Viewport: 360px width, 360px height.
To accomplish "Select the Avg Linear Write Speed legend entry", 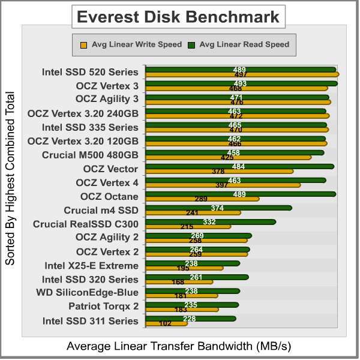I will coord(130,44).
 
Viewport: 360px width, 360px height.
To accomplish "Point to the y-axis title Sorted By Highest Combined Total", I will coord(10,178).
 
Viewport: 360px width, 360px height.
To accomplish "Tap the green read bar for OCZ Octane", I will coord(240,194).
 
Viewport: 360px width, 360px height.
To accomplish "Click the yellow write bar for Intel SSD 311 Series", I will coord(166,323).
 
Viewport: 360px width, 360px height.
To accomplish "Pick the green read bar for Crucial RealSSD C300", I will coord(210,221).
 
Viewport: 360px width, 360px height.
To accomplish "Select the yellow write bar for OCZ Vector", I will coord(219,171).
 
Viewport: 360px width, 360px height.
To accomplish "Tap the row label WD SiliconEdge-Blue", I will coord(88,293).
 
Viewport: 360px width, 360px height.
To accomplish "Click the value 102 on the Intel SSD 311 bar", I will coord(166,323).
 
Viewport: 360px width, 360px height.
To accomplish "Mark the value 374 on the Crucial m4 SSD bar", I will coord(217,208).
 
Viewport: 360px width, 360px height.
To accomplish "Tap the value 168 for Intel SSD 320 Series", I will coord(178,282).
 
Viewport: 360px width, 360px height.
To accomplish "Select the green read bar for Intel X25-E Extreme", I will coord(192,263).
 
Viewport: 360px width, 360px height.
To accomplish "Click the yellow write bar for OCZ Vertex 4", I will coord(223,185).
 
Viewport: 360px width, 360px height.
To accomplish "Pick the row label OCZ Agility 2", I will coord(107,237).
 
